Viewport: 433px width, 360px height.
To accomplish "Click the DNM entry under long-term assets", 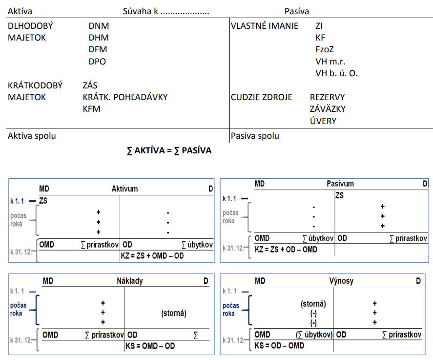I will pyautogui.click(x=99, y=26).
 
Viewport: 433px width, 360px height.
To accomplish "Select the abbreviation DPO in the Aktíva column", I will pyautogui.click(x=97, y=62).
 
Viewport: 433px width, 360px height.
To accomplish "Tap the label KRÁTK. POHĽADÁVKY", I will pyautogui.click(x=125, y=97).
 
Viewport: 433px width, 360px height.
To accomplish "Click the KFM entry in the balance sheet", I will pyautogui.click(x=92, y=109).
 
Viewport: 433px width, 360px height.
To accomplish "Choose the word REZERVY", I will pyautogui.click(x=328, y=97).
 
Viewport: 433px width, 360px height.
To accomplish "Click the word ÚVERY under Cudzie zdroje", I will pyautogui.click(x=323, y=121).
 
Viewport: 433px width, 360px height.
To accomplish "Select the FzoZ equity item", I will pyautogui.click(x=325, y=49).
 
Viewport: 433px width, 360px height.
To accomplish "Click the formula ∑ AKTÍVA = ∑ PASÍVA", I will pyautogui.click(x=169, y=150).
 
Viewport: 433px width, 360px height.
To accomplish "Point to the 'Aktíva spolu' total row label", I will pyautogui.click(x=32, y=136).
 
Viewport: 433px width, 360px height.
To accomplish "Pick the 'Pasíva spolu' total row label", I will pyautogui.click(x=255, y=136).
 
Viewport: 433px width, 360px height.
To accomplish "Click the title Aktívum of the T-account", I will pyautogui.click(x=125, y=189).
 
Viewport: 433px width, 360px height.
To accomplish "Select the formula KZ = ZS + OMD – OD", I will pyautogui.click(x=152, y=256).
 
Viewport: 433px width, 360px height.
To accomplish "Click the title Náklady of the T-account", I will pyautogui.click(x=129, y=281).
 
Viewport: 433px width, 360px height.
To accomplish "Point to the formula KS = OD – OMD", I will pyautogui.click(x=279, y=345).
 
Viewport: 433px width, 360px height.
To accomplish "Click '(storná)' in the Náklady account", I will pyautogui.click(x=173, y=313).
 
